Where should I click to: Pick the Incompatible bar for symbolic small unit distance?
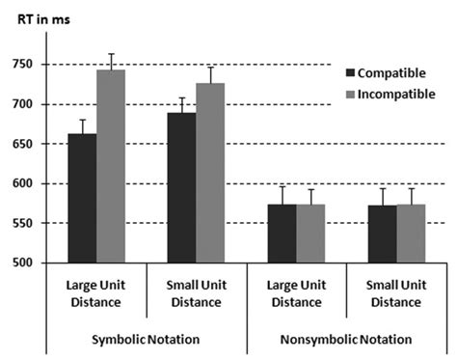pos(210,173)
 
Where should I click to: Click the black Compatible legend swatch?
pos(351,72)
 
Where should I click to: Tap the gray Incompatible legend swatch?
pos(351,94)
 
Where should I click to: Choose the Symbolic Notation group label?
pos(145,340)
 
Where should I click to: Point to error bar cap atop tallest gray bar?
pos(111,54)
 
